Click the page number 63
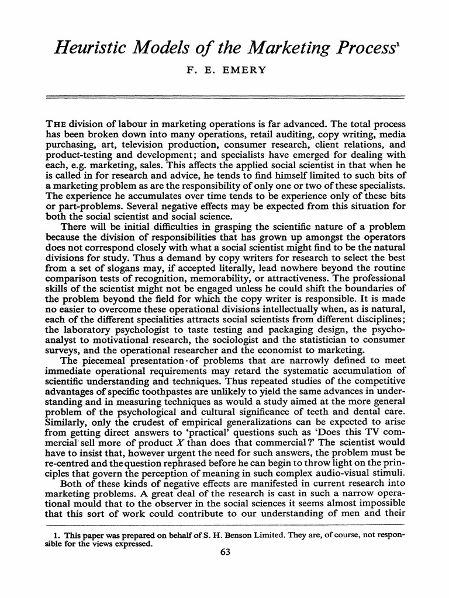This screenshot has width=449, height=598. tap(225, 554)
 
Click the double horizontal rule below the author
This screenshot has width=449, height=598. tap(224, 96)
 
